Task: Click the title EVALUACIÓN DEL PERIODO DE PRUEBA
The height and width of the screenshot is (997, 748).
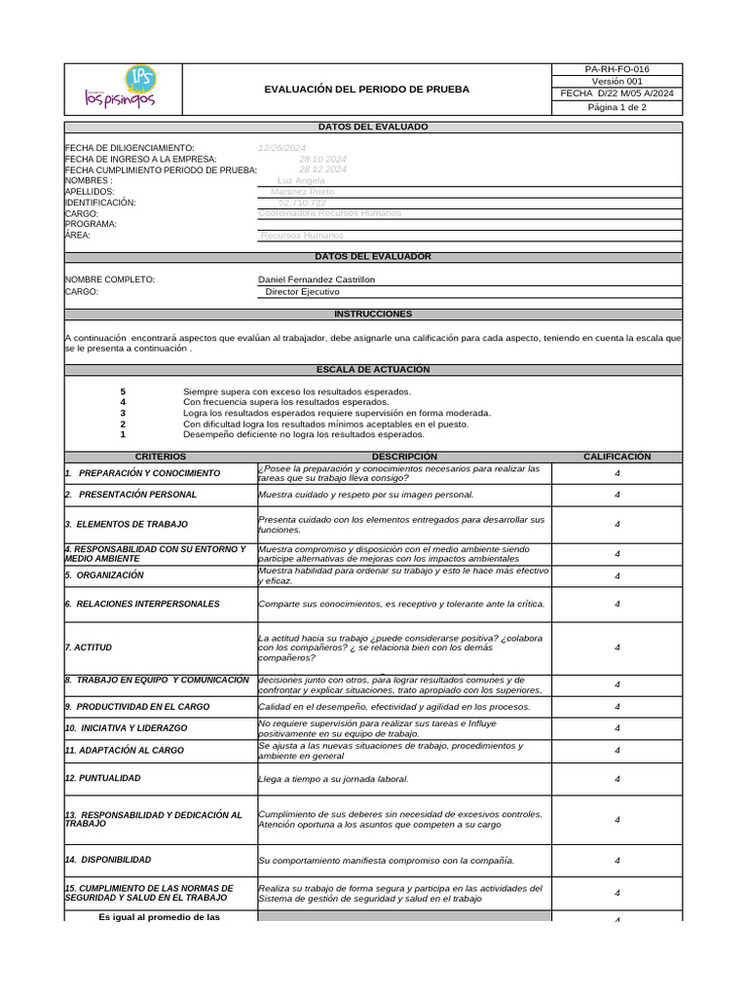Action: click(x=366, y=90)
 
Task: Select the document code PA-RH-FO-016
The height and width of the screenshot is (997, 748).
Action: click(x=617, y=70)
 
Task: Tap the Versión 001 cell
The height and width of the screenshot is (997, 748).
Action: click(x=617, y=82)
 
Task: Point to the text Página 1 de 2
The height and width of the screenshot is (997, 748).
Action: click(x=617, y=108)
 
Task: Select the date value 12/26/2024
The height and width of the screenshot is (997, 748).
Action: click(x=281, y=148)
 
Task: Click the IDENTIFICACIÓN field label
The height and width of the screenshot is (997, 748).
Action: click(x=100, y=203)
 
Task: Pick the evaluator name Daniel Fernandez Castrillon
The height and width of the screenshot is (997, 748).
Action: click(x=316, y=279)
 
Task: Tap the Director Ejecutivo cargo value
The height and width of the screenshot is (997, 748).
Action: click(x=303, y=291)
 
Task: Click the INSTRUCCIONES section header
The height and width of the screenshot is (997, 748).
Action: click(x=373, y=314)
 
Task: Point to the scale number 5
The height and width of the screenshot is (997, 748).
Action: click(x=123, y=391)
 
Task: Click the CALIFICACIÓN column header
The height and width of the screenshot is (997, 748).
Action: click(x=617, y=457)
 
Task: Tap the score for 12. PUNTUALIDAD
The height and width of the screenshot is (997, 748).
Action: click(x=617, y=779)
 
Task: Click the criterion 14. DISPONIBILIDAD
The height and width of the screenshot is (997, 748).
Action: click(x=108, y=860)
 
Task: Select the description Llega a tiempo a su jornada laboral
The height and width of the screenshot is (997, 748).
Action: click(x=333, y=779)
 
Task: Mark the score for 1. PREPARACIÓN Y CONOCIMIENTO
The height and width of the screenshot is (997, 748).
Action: click(x=617, y=473)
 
